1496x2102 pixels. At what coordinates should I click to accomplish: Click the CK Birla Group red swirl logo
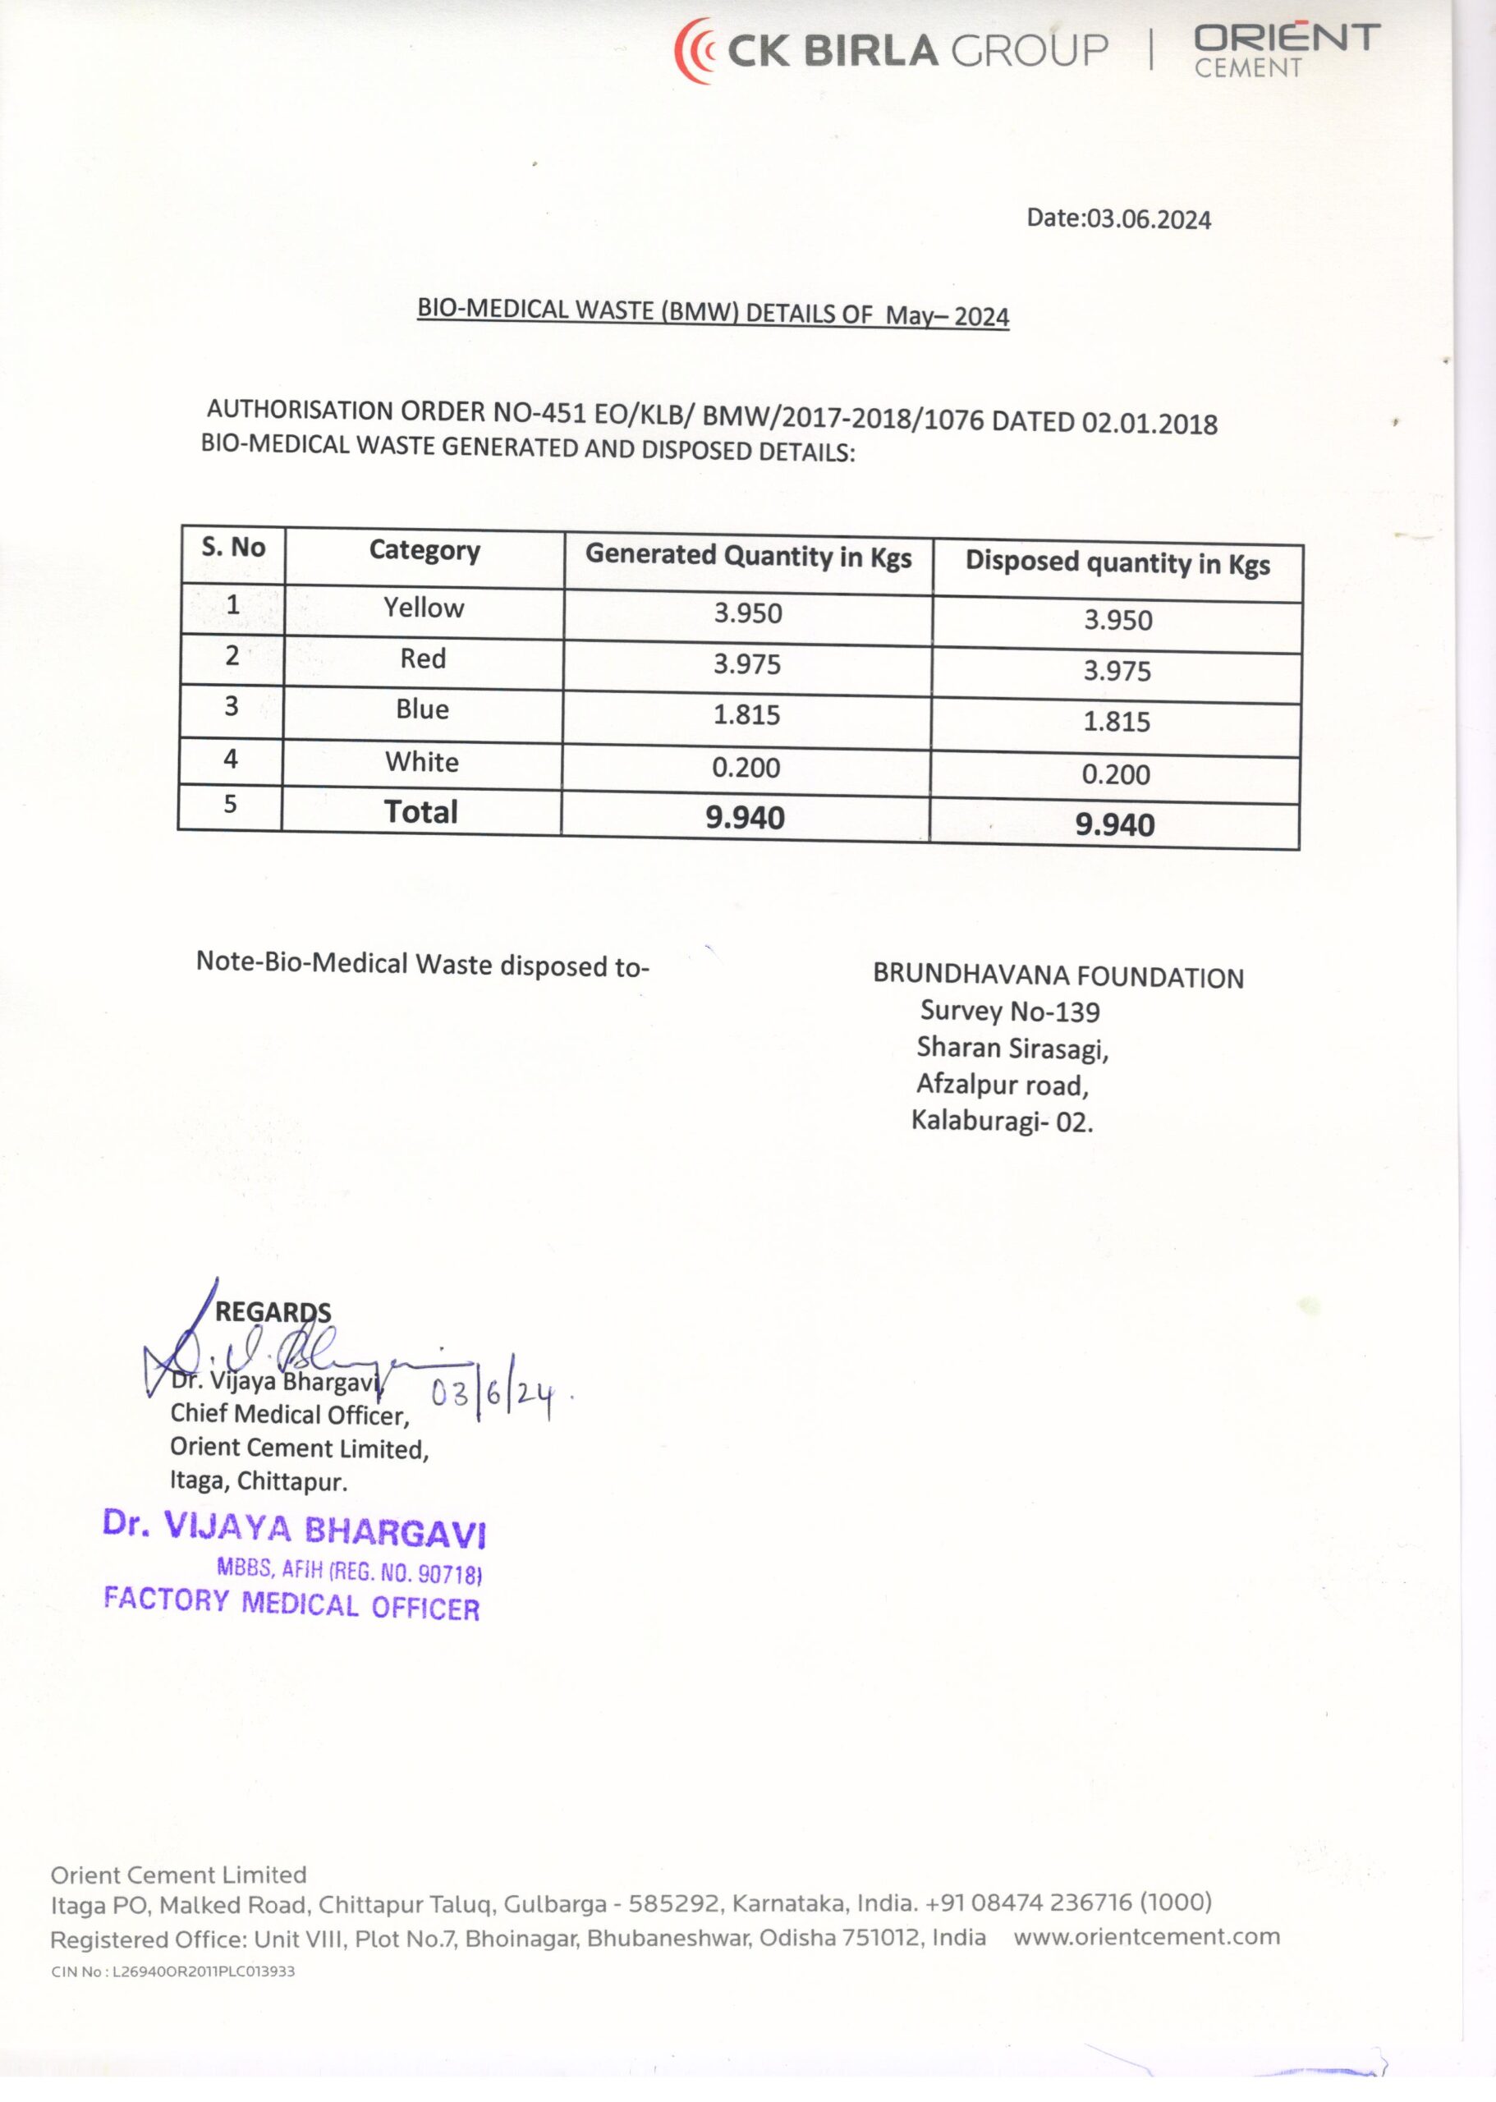696,52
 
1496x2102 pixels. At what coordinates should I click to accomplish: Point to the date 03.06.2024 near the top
1148,219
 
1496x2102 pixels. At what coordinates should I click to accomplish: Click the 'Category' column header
424,551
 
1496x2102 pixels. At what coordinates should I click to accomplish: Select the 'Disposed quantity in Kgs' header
1117,562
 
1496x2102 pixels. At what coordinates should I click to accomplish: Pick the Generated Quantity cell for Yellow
747,613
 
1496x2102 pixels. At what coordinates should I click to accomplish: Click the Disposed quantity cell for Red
1117,671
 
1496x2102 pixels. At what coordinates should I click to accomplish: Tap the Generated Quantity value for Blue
746,715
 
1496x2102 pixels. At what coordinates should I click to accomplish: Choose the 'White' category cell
422,762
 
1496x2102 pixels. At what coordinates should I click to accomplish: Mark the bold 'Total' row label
421,811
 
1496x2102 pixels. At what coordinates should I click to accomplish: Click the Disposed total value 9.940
1115,824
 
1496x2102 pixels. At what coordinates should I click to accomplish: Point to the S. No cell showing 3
232,706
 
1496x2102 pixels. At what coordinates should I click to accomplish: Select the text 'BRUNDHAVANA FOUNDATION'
1058,976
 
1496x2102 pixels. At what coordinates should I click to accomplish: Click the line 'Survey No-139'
1010,1012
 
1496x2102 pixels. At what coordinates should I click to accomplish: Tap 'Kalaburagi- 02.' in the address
1002,1121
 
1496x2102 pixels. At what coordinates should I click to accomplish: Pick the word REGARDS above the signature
273,1311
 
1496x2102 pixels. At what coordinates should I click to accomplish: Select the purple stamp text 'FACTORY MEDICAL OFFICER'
291,1604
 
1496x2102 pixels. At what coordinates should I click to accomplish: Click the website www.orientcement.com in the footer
1146,1937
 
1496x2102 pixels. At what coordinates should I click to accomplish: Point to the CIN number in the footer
173,1972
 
